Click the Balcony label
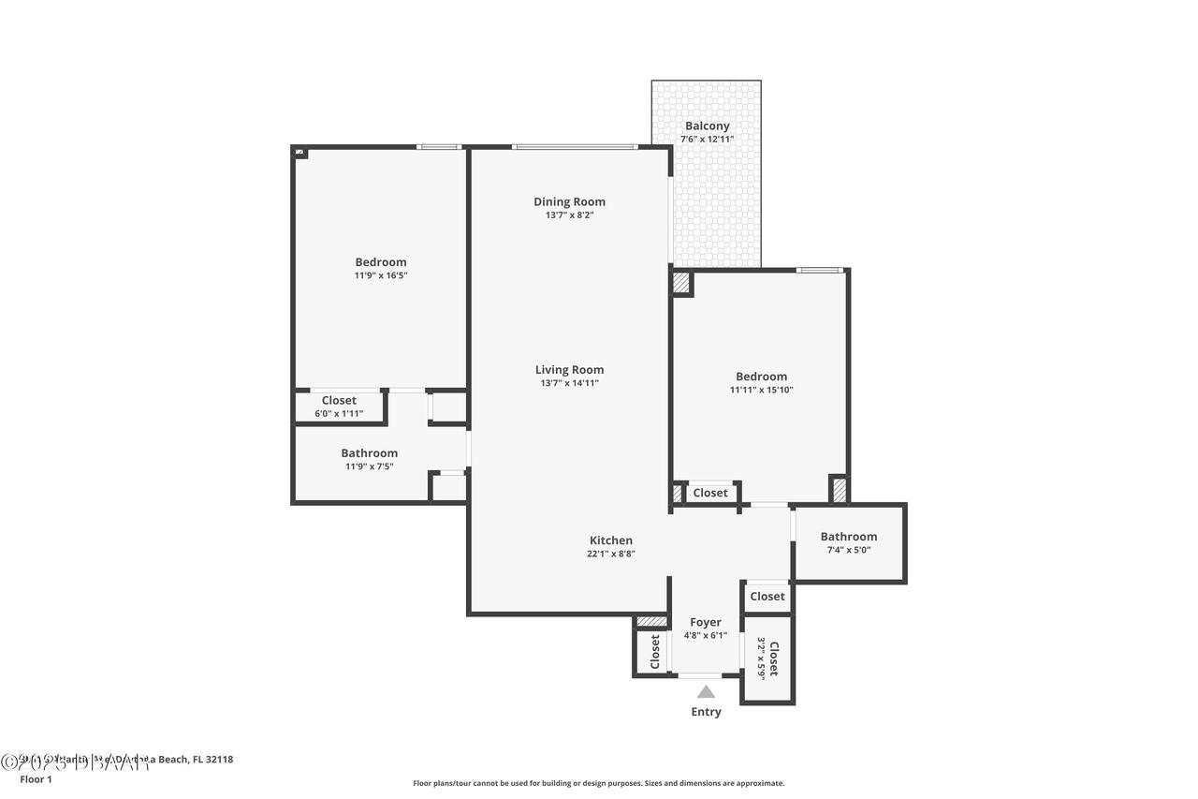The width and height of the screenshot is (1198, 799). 707,126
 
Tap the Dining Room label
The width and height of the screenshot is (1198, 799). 569,201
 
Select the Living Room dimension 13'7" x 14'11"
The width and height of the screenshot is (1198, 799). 569,383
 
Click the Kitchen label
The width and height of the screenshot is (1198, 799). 610,540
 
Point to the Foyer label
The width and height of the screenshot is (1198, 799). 705,622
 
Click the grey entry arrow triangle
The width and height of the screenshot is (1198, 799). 706,692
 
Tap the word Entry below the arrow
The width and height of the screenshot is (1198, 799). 706,712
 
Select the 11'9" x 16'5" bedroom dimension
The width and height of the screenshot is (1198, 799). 380,275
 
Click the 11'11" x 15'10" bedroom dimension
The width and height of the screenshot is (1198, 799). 761,390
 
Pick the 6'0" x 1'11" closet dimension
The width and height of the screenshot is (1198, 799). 338,413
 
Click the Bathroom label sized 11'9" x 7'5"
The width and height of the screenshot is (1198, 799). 369,453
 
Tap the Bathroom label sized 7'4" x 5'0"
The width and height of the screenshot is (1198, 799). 848,537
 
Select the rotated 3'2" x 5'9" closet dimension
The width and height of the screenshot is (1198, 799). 761,658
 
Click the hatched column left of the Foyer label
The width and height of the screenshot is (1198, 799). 651,621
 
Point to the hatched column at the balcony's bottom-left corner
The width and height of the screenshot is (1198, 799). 681,283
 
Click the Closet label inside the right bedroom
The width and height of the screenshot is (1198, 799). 709,493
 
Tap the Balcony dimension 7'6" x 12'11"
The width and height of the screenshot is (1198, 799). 707,140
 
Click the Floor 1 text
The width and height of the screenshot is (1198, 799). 36,778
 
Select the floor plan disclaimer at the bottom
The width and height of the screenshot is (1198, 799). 599,783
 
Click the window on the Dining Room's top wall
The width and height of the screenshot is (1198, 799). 575,147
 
